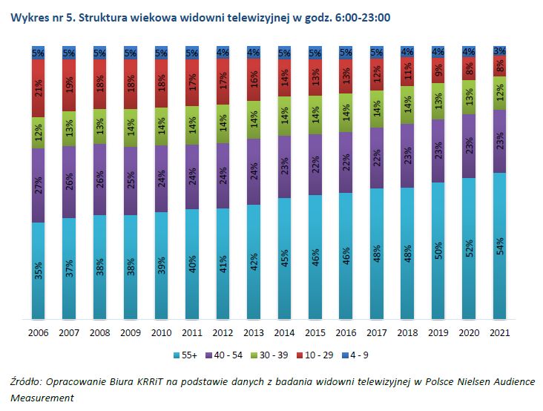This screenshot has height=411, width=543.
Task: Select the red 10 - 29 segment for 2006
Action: [39, 88]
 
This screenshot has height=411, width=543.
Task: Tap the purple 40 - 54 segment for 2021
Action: [500, 141]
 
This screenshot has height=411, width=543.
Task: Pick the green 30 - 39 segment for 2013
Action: [254, 119]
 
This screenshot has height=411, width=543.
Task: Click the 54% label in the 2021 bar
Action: [501, 246]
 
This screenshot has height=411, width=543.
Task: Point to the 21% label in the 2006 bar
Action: [39, 88]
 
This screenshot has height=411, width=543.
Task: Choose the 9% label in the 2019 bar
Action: [438, 71]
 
